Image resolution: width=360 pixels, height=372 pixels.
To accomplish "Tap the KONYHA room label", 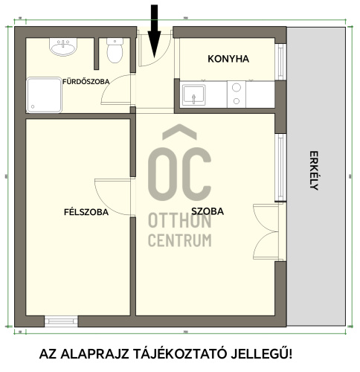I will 228,59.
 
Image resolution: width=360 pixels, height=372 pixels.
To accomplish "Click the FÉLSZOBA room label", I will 86,212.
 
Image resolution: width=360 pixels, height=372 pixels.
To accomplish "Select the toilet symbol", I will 115,51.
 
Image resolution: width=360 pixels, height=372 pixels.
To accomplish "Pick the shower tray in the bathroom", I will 45,94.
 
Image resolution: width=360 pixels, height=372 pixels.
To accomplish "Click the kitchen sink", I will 196,95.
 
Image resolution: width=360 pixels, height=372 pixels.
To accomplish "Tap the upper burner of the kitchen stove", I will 237,87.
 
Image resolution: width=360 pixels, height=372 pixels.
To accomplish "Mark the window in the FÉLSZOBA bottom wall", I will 61,321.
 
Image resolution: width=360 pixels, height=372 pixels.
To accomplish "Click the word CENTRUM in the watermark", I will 179,240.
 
